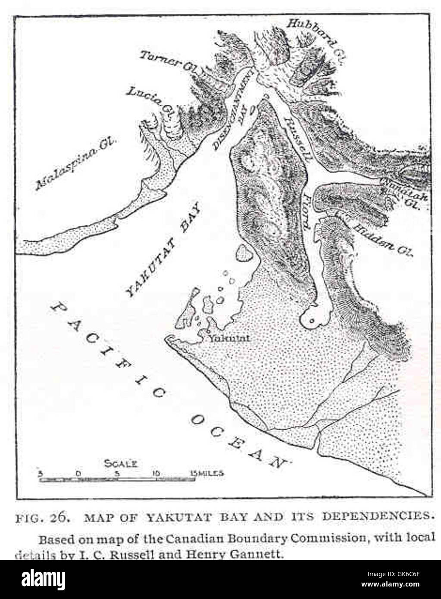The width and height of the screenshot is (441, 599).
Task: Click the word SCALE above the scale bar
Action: click(121, 464)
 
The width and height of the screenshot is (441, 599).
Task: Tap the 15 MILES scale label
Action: click(207, 473)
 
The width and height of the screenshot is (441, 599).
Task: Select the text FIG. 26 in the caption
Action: click(43, 517)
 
